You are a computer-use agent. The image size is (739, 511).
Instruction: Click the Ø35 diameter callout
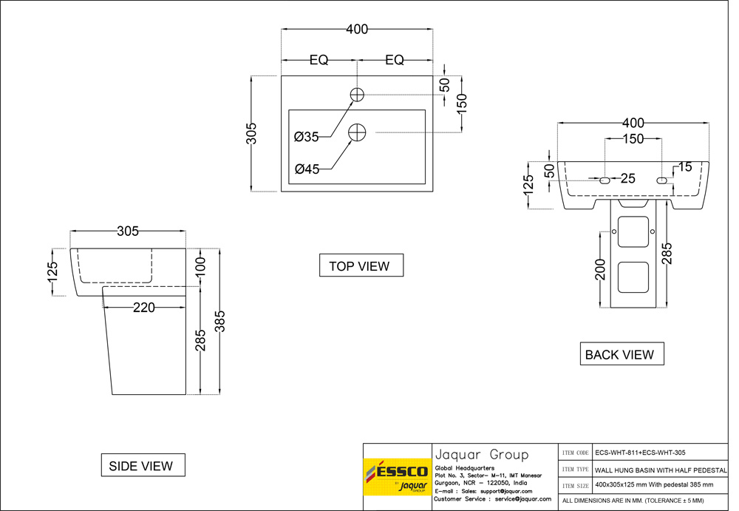(306, 137)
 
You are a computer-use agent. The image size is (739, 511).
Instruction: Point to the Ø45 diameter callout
(306, 169)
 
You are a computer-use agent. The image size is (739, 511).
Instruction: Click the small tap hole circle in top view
(357, 95)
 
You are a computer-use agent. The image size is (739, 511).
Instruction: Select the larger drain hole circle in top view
(357, 132)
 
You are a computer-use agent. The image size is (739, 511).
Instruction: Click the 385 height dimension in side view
(219, 320)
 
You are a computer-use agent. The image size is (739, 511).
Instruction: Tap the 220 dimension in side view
(143, 308)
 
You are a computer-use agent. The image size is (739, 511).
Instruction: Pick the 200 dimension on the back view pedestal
(600, 269)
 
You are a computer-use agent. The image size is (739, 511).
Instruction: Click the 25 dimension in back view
(628, 178)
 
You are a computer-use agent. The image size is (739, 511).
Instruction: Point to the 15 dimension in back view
(685, 168)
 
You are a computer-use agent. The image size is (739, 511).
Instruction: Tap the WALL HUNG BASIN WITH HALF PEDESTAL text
(661, 470)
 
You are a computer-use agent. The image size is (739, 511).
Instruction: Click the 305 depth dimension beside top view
(251, 133)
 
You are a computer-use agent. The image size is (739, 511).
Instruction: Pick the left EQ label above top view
(319, 61)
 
